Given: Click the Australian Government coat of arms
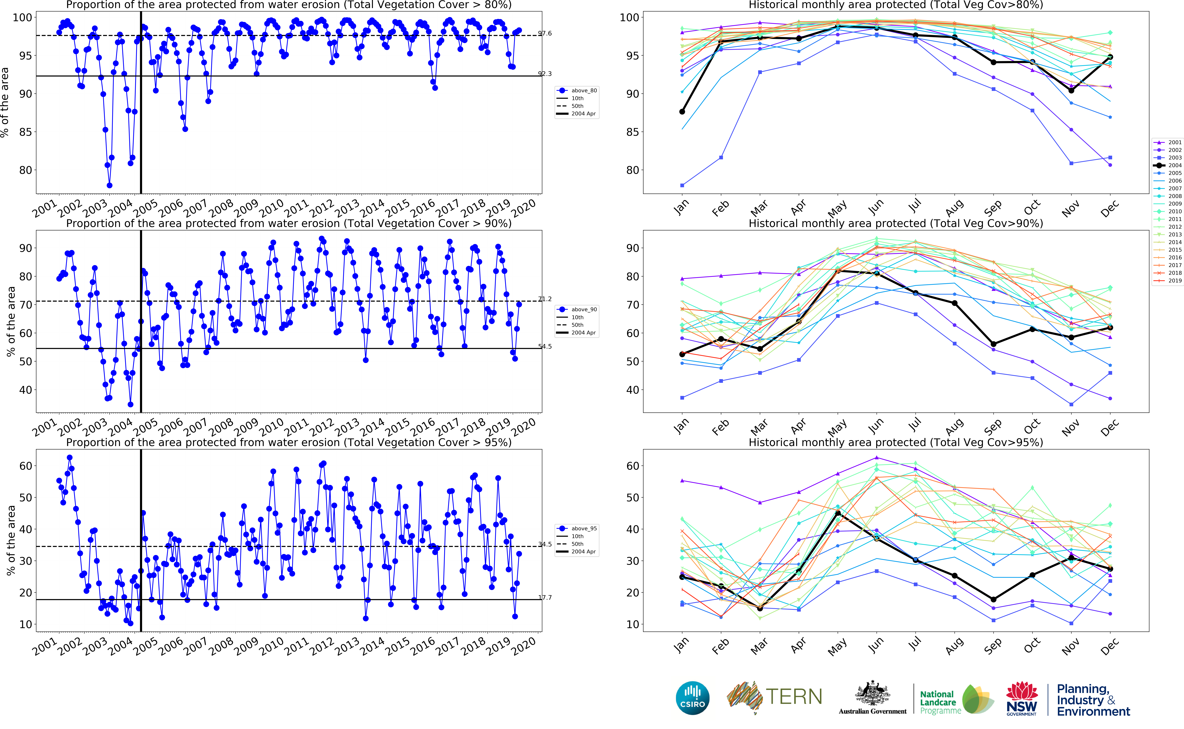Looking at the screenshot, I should click(872, 694).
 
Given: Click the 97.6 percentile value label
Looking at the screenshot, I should click(545, 33).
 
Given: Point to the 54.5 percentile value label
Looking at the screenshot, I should click(545, 346).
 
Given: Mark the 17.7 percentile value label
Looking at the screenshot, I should click(545, 597).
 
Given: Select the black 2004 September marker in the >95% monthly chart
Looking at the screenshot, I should click(994, 599).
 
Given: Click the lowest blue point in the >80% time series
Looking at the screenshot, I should click(110, 185).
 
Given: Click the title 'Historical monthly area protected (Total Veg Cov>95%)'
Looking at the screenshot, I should click(896, 442).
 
